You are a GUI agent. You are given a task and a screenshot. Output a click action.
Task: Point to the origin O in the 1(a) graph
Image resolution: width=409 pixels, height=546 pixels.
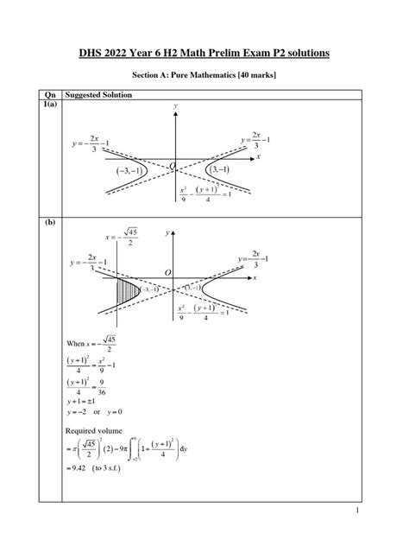coord(173,164)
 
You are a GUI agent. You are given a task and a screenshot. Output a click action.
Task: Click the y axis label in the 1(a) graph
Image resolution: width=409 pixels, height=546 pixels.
coord(175,105)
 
